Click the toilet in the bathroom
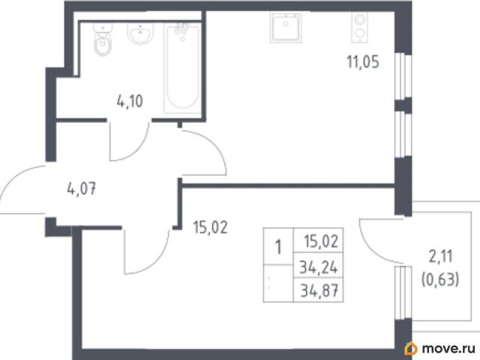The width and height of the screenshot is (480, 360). [103, 39]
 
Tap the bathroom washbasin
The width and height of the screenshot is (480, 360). [140, 33]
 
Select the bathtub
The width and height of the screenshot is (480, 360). [182, 68]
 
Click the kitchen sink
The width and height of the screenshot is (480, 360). [285, 27]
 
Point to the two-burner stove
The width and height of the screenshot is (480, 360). [359, 27]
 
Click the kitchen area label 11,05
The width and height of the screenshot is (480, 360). [363, 61]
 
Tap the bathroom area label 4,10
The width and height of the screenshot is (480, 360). [130, 101]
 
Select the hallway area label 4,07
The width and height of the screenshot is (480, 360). [82, 188]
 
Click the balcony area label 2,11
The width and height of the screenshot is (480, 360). [440, 256]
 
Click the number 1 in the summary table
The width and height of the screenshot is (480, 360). [278, 247]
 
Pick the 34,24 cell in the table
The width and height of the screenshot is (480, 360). [318, 267]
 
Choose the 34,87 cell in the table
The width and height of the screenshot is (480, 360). [319, 290]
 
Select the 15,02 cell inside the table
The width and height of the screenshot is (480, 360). [322, 241]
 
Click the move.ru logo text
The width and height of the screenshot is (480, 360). [448, 348]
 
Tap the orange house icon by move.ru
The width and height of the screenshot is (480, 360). [411, 348]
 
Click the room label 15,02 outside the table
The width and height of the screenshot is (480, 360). [211, 227]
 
